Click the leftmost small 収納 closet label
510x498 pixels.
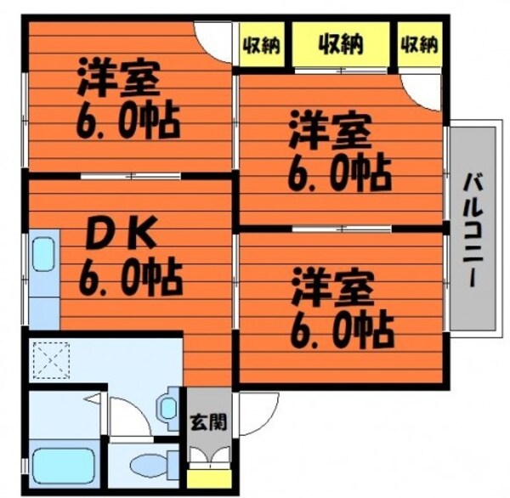(263, 44)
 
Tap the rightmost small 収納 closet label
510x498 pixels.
(419, 44)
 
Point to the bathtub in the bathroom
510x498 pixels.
(64, 463)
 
